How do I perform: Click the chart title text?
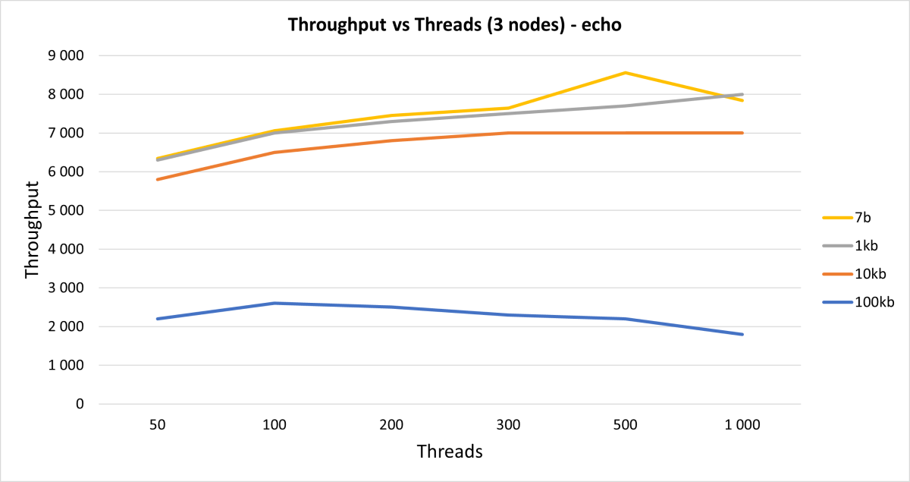[x=455, y=25]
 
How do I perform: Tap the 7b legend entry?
[x=861, y=218]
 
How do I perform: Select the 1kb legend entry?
[x=865, y=246]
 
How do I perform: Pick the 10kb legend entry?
[x=868, y=273]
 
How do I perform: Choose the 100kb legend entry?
[x=872, y=302]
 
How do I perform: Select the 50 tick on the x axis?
[x=158, y=425]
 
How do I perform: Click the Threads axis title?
[x=450, y=452]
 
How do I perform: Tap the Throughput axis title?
[x=32, y=229]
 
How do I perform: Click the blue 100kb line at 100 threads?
[x=275, y=303]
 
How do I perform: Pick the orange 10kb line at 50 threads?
[x=158, y=179]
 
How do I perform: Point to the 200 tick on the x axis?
[x=391, y=425]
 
